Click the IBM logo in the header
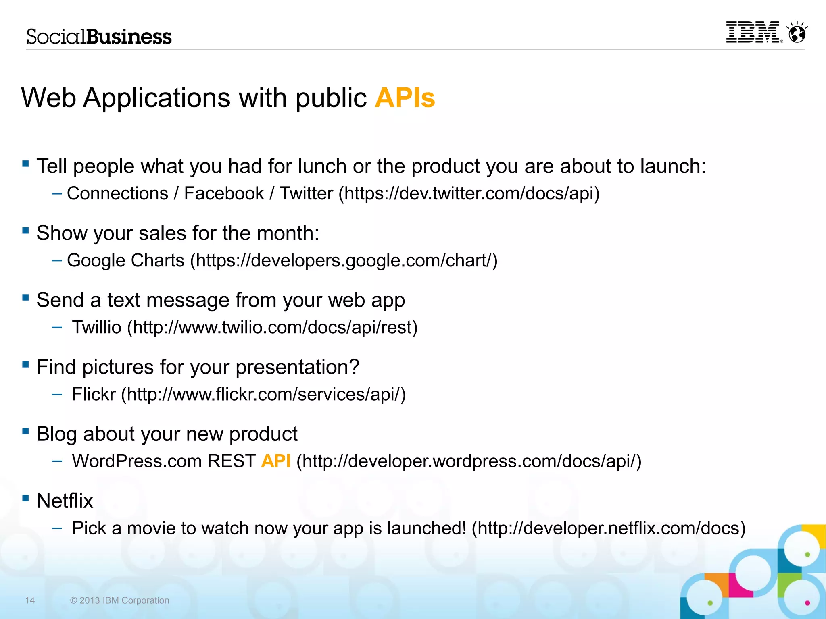tap(753, 32)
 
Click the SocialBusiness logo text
tap(99, 37)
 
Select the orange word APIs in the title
tap(405, 98)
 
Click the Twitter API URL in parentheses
tap(469, 193)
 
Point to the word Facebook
tap(224, 193)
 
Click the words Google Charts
tap(125, 260)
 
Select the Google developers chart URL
tap(344, 260)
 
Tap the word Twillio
tap(97, 327)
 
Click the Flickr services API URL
tap(263, 394)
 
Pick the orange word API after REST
tap(276, 461)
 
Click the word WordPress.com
tap(137, 461)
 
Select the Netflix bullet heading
tap(65, 501)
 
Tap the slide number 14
tap(30, 600)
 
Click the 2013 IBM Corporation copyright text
tap(120, 600)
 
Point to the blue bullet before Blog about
tap(26, 432)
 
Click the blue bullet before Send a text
tap(26, 298)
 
